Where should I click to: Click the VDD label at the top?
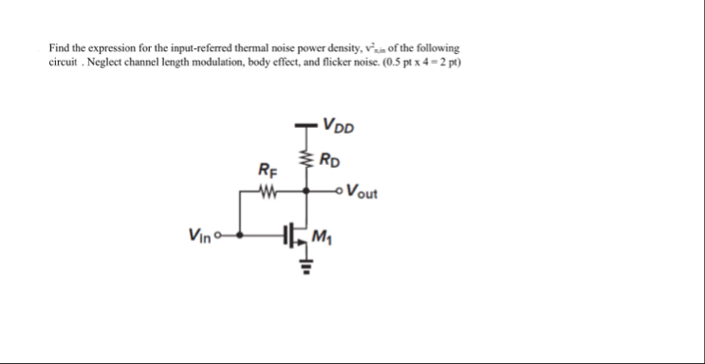338,123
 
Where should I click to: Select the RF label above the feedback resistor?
268,171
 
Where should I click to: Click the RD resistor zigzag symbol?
305,157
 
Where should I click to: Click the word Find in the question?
60,47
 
